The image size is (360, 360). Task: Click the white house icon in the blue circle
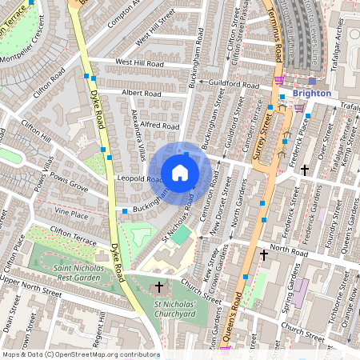pyautogui.click(x=180, y=173)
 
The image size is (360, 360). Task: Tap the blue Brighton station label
pyautogui.click(x=311, y=94)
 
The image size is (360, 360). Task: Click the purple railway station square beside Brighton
pyautogui.click(x=312, y=81)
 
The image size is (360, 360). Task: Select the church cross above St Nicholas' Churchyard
pyautogui.click(x=158, y=286)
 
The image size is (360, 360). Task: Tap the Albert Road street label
pyautogui.click(x=142, y=94)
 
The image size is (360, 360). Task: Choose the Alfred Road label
pyautogui.click(x=159, y=126)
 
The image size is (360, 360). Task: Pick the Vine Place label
pyautogui.click(x=71, y=214)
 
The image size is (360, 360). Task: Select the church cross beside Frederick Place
pyautogui.click(x=304, y=170)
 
